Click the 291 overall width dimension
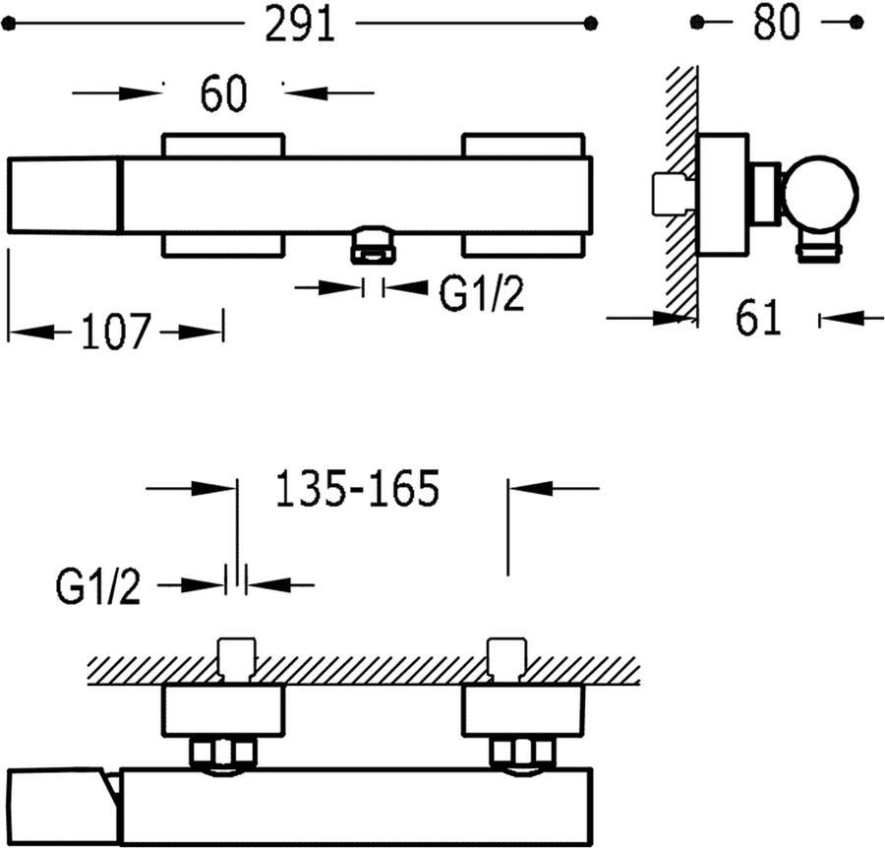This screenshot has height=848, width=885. point(300,25)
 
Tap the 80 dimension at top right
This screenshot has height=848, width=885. point(777,23)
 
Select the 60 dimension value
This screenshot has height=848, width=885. point(223,93)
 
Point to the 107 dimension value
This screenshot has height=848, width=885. point(116,331)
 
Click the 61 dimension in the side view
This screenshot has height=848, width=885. point(758,319)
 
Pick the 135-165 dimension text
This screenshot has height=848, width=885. point(357,488)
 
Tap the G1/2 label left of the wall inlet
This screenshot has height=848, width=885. point(97,586)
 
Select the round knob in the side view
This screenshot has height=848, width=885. point(821,192)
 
